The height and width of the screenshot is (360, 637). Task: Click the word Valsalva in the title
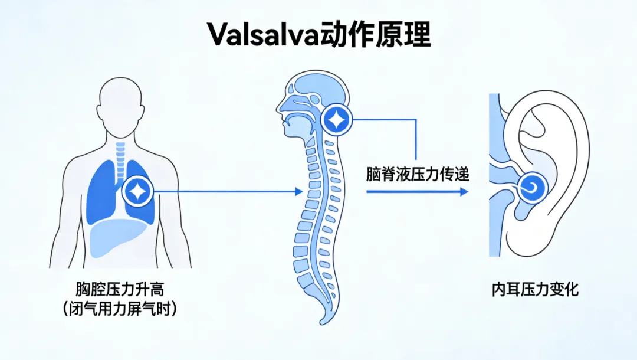pos(263,35)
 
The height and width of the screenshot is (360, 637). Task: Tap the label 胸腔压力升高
pos(120,289)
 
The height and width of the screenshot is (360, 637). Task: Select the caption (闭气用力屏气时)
pos(120,309)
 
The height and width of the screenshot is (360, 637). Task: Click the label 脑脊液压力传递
pos(418,174)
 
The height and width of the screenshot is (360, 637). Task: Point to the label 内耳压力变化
pos(535,289)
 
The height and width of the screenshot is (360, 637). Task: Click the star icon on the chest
pos(138,191)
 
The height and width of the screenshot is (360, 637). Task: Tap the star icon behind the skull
pos(336,120)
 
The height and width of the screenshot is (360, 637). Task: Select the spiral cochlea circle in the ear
pos(532,188)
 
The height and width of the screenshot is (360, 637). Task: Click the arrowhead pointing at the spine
pos(299,191)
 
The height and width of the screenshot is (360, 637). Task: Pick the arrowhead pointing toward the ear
pos(464,191)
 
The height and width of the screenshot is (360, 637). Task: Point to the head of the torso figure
pos(121,107)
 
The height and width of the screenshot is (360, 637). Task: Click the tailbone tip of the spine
pos(322,323)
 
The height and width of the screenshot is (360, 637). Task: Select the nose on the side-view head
pos(279,107)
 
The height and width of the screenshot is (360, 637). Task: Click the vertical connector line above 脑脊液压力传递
pos(416,139)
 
